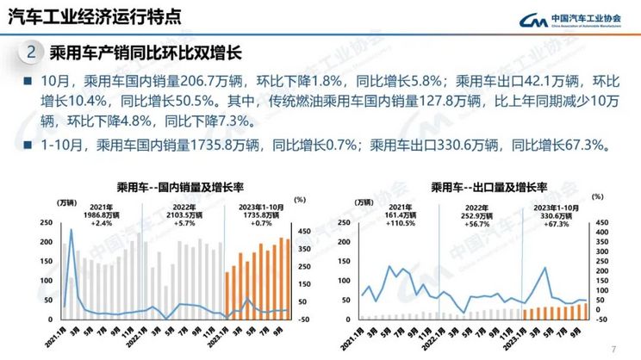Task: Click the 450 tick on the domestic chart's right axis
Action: coord(304,231)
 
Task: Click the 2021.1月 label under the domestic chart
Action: coord(60,338)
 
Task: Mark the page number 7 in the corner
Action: coord(613,349)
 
